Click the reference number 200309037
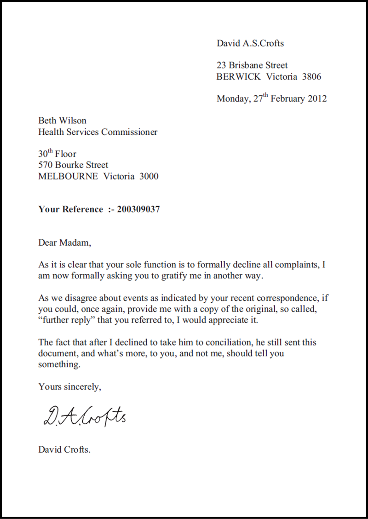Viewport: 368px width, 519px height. (x=138, y=209)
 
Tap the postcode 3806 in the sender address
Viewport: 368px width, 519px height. (x=311, y=77)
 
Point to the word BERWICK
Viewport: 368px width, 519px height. (x=238, y=77)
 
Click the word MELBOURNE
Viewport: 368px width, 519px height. (x=68, y=176)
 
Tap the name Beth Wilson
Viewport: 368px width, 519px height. (x=62, y=121)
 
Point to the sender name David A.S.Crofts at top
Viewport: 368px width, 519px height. (x=250, y=44)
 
